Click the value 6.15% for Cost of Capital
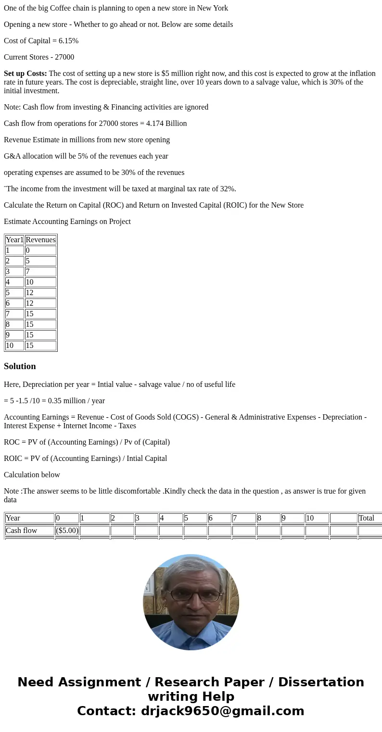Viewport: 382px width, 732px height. click(x=67, y=41)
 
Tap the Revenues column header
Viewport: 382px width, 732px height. click(x=40, y=240)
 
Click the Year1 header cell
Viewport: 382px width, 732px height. click(x=14, y=240)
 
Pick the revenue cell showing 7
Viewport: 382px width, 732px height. click(x=40, y=272)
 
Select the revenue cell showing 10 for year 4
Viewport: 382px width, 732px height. click(x=40, y=282)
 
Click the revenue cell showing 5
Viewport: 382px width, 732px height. click(x=40, y=261)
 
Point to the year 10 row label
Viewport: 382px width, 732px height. click(x=14, y=346)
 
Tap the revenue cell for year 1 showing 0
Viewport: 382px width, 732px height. click(x=40, y=250)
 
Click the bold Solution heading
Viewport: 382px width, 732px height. click(x=20, y=366)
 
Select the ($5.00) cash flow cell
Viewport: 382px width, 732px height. click(x=67, y=531)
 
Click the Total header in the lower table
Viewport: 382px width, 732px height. click(x=367, y=518)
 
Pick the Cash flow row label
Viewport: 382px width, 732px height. click(x=29, y=531)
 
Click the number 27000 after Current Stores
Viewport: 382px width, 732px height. click(x=64, y=57)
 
